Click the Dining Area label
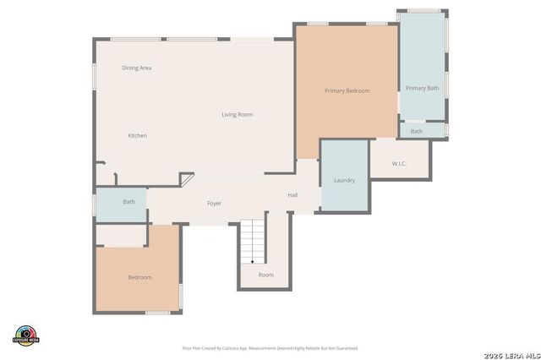pos(136,68)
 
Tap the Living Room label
pos(237,115)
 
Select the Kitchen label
pos(137,136)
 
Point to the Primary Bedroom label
pos(347,90)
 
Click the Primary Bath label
pos(422,88)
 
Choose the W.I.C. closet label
pos(400,163)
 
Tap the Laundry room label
pos(344,180)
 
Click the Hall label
pos(292,195)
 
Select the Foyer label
pos(215,204)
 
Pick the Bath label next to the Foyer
pos(128,202)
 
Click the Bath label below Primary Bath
pos(417,131)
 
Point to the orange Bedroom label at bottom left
pos(139,277)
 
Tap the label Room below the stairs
pos(265,275)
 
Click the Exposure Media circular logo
pos(26,335)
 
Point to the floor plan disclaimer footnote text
pos(270,347)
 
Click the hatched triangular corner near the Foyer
pos(185,180)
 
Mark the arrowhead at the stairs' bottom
pos(252,261)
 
